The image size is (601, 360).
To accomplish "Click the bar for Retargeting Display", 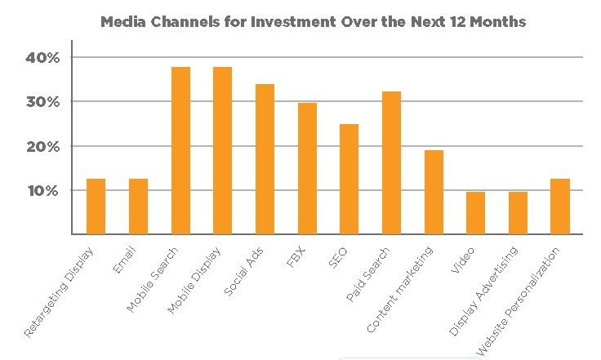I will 96,207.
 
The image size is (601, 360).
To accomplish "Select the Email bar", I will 138,207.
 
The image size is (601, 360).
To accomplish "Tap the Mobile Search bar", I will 180,151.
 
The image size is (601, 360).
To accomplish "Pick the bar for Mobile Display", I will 222,151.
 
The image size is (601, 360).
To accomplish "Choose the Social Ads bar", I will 265,159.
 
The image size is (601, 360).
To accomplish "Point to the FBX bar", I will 307,169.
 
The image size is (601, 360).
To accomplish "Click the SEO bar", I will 349,180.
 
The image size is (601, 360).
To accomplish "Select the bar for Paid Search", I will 391,163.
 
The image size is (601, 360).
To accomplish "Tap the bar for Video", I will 475,213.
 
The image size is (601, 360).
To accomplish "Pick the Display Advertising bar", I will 518,213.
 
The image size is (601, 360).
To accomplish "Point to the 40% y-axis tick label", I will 43,58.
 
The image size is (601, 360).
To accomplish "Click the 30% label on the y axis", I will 43,102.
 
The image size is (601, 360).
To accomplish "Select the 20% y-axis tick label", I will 43,147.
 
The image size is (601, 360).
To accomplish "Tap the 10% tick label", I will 43,191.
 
